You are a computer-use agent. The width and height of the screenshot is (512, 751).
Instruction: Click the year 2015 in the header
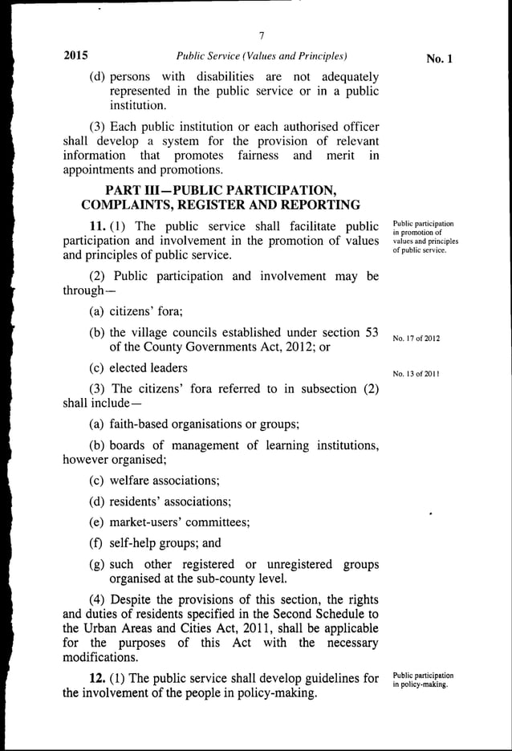75,56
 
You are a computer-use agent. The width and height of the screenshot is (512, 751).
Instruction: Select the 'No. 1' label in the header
441,59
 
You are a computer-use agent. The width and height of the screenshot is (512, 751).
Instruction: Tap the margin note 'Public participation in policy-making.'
423,680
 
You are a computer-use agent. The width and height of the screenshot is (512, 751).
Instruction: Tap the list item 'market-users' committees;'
169,522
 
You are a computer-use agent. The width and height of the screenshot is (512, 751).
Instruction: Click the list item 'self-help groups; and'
154,543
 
